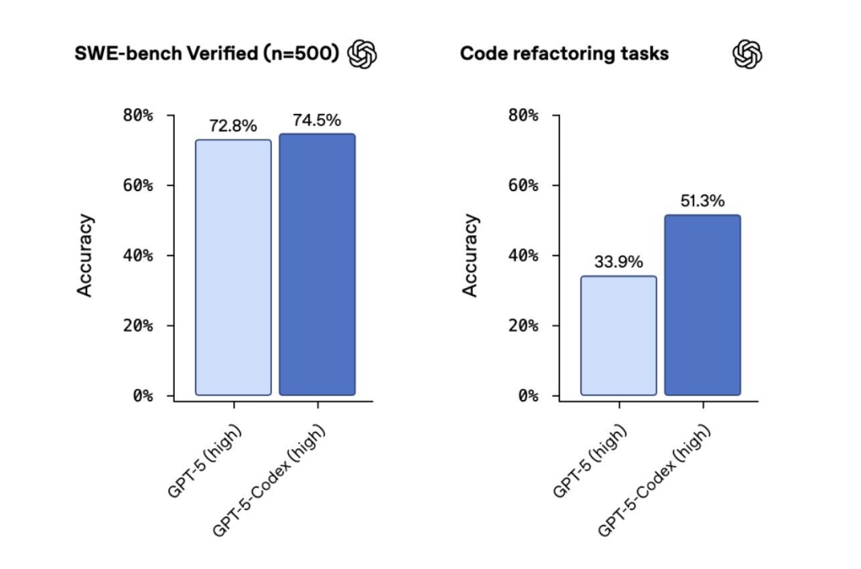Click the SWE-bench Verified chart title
click(207, 54)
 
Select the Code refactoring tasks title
click(564, 54)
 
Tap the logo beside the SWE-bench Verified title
click(362, 54)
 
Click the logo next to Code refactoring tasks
click(747, 54)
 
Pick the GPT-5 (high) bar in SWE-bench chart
click(233, 267)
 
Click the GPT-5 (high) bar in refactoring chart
click(618, 335)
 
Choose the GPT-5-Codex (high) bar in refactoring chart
click(702, 305)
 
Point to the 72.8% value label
click(233, 126)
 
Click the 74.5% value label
click(317, 121)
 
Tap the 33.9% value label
click(618, 262)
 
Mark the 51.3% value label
click(702, 201)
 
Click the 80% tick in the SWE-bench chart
click(138, 115)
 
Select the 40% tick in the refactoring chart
click(523, 255)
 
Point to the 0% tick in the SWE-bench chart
click(143, 395)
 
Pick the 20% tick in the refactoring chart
click(523, 326)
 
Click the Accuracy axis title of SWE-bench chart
click(85, 255)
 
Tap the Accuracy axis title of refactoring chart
click(471, 255)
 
